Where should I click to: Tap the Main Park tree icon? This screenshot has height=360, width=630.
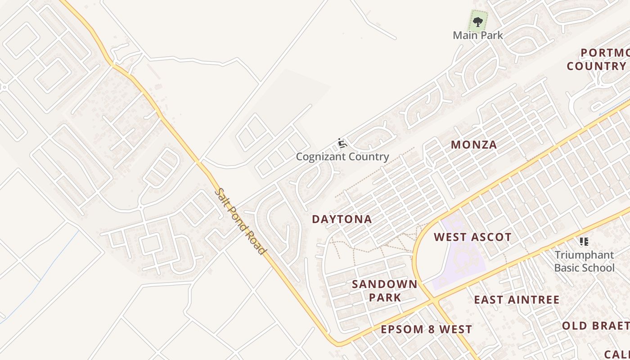click(478, 21)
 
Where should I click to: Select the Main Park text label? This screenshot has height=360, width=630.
click(478, 35)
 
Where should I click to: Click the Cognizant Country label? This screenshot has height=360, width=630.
click(342, 157)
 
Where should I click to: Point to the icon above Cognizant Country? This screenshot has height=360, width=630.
click(342, 144)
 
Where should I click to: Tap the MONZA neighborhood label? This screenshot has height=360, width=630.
click(474, 144)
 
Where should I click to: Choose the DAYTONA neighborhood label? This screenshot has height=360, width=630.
click(342, 219)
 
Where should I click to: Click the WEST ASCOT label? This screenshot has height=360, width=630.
click(472, 237)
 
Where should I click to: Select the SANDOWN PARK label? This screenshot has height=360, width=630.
click(384, 291)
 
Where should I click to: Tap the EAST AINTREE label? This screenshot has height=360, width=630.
click(517, 300)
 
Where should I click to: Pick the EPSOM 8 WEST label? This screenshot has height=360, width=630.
click(426, 329)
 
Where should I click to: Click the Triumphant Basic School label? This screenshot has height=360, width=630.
click(584, 261)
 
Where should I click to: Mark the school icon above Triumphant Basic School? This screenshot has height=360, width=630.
click(584, 242)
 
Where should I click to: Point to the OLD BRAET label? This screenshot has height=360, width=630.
click(595, 325)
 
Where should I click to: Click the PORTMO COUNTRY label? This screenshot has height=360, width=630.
click(598, 59)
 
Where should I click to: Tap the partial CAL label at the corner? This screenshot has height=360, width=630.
click(616, 354)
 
